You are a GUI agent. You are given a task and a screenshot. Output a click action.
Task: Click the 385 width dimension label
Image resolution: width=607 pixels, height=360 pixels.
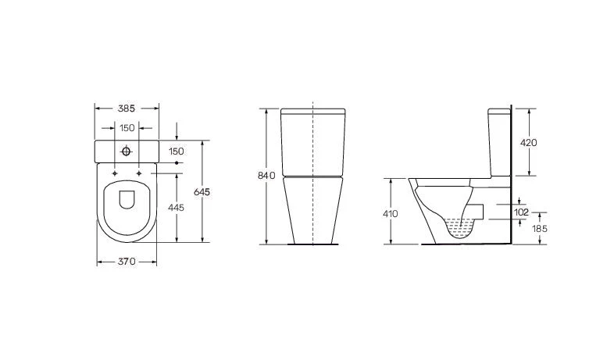point(127,109)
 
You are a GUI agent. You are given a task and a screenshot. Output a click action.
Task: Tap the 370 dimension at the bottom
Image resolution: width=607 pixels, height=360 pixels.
point(127,262)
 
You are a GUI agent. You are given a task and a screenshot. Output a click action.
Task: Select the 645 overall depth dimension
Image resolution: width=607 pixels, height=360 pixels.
point(202,192)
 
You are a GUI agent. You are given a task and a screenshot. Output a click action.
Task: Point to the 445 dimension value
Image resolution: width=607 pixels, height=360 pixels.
point(176,208)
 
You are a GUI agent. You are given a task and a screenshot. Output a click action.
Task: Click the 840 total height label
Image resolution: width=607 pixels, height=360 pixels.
point(266,176)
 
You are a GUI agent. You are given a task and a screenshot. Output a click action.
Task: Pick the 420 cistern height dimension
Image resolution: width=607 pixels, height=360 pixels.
point(528,143)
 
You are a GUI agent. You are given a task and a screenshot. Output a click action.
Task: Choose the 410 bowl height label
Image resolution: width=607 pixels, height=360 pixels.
point(391,214)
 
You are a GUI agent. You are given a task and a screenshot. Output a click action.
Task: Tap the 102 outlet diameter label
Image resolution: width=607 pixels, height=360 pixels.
point(521,212)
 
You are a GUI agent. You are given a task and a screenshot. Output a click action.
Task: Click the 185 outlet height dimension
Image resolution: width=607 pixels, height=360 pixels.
point(540,229)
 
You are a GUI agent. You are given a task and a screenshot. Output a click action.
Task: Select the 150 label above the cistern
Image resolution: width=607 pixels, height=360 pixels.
point(127,128)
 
